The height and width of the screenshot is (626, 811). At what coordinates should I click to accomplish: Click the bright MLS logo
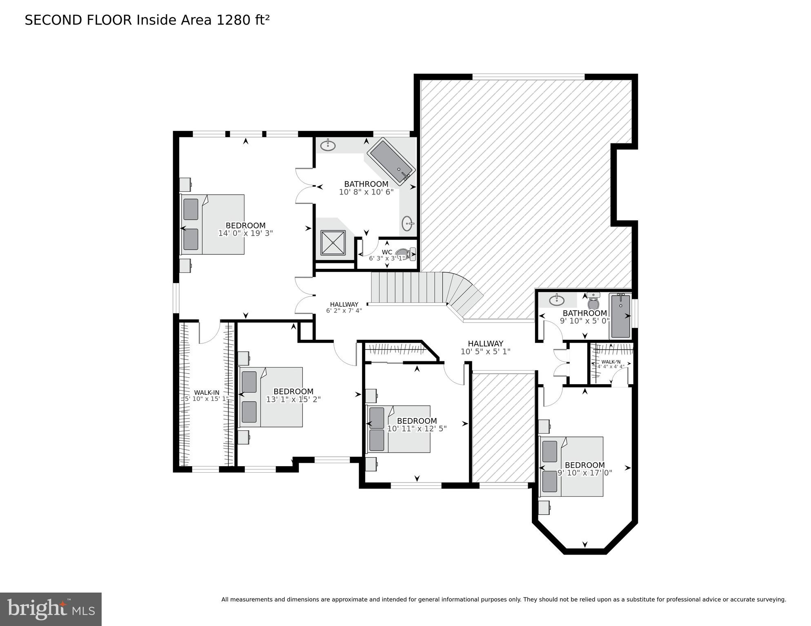(51, 609)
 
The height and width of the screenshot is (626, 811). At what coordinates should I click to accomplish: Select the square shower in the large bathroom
(333, 243)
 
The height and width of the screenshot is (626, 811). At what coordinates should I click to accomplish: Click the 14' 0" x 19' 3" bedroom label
(245, 229)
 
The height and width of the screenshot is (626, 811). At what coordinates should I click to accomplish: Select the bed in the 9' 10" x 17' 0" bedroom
(571, 467)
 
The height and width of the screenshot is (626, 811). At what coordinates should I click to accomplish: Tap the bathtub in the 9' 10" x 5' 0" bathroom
(620, 316)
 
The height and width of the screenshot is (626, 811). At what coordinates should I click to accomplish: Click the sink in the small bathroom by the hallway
(557, 301)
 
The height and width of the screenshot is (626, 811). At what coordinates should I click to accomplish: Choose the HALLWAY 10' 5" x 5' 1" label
(485, 347)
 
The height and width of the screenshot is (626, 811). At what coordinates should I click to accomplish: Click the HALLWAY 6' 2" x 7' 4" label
(344, 307)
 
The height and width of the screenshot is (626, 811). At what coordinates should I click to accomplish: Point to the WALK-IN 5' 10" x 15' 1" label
(207, 396)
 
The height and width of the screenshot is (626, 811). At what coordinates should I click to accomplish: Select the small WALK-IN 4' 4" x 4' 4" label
(611, 364)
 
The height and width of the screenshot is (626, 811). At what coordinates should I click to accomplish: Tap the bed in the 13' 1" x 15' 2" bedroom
(271, 397)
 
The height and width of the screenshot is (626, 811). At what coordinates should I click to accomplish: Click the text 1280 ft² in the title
(243, 20)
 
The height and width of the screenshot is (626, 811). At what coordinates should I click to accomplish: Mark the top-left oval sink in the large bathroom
(328, 145)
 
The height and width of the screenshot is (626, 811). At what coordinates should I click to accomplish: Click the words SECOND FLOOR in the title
(78, 20)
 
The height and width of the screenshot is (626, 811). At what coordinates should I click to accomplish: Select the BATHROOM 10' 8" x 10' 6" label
(366, 188)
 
